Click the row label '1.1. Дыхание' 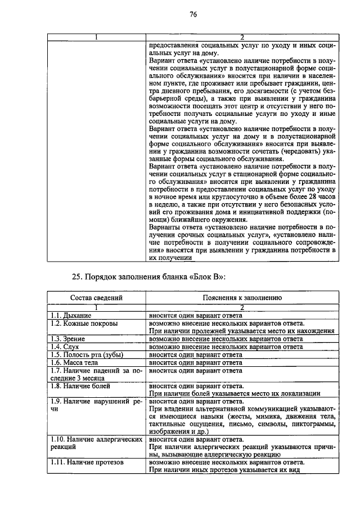pyautogui.click(x=66, y=316)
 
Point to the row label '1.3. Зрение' pyautogui.click(x=64, y=339)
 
